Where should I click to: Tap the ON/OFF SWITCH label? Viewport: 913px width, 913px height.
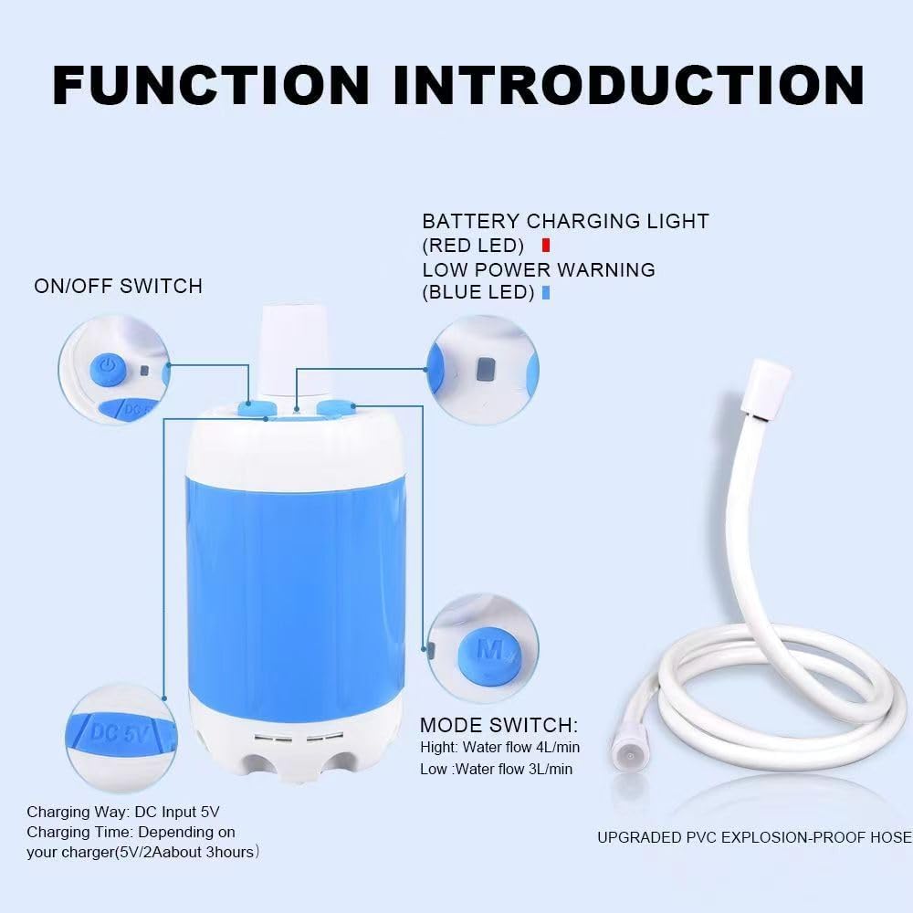coord(119,286)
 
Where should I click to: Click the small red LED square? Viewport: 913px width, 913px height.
coord(545,245)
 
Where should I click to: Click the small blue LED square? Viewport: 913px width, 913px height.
coord(545,293)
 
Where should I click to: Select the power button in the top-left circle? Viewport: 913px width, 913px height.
coord(107,368)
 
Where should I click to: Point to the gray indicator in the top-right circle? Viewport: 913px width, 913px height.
coord(486,368)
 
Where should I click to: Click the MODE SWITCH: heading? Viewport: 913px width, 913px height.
coord(498,725)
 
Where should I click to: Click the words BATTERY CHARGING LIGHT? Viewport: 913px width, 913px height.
coord(565,221)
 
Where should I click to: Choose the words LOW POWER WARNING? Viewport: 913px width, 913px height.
coord(539,269)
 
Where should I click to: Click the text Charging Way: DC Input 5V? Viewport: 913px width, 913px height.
coord(123,811)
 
